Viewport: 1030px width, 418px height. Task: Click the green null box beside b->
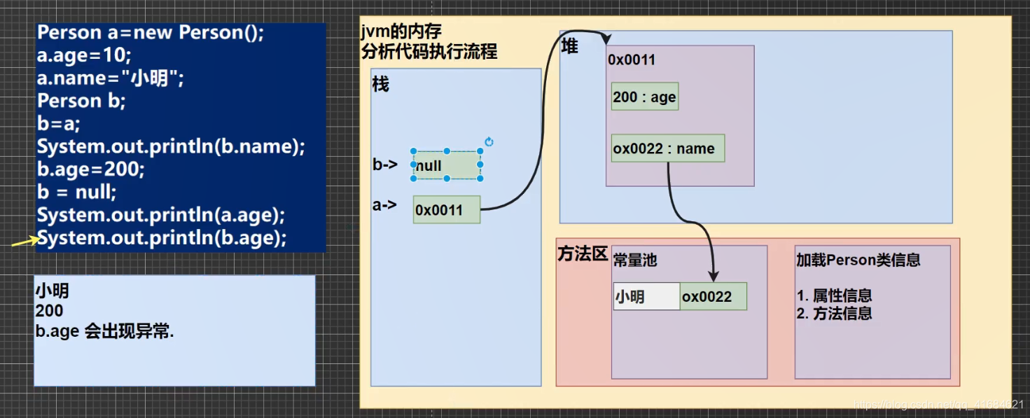pos(447,166)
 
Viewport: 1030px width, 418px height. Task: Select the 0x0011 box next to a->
pos(447,209)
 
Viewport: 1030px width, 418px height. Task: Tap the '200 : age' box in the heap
pos(644,97)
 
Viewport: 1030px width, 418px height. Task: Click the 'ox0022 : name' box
pos(667,148)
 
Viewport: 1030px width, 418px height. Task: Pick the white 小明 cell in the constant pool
pos(646,297)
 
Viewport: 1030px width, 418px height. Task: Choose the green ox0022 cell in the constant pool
pos(713,297)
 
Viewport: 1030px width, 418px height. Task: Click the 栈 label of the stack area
pos(381,85)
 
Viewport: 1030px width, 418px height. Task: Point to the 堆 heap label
pos(570,47)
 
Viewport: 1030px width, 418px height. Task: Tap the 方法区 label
pos(582,253)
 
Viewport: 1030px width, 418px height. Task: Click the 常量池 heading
pos(635,260)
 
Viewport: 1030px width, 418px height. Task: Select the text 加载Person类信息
pos(858,260)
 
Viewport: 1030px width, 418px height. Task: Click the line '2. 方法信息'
pos(834,314)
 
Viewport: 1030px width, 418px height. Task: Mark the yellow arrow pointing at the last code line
pos(25,242)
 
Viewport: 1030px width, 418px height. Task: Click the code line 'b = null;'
pos(77,192)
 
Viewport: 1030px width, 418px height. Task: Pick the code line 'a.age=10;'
pos(84,55)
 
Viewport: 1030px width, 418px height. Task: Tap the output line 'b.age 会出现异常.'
pos(104,332)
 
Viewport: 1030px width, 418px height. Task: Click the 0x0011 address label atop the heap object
pos(632,60)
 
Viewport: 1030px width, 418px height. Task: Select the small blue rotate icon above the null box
pos(489,141)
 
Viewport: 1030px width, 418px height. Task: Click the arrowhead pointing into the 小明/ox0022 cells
pos(714,276)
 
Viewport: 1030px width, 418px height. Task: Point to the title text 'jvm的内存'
pos(401,32)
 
